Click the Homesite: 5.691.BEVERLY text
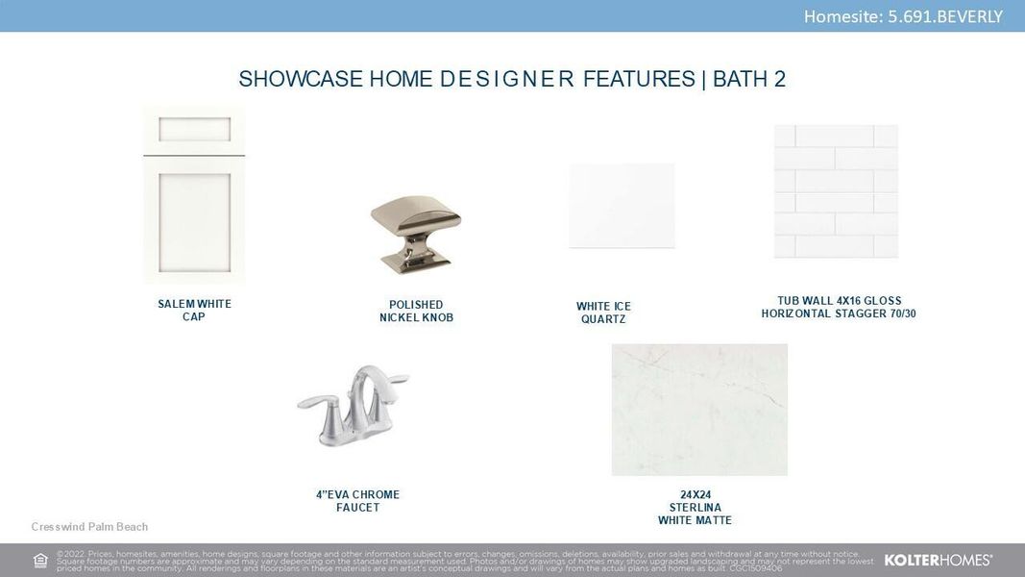902,16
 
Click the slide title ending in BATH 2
512,79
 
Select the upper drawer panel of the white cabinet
194,130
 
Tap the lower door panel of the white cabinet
194,218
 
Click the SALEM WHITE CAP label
194,311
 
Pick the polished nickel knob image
415,232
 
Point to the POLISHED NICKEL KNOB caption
415,312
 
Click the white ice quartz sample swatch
622,206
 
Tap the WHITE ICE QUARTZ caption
603,313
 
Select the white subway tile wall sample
836,191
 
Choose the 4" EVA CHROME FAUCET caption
357,501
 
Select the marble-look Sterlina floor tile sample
699,410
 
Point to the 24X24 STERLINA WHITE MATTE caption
695,508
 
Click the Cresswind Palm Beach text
89,527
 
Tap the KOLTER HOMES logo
938,560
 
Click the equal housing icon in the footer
40,561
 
